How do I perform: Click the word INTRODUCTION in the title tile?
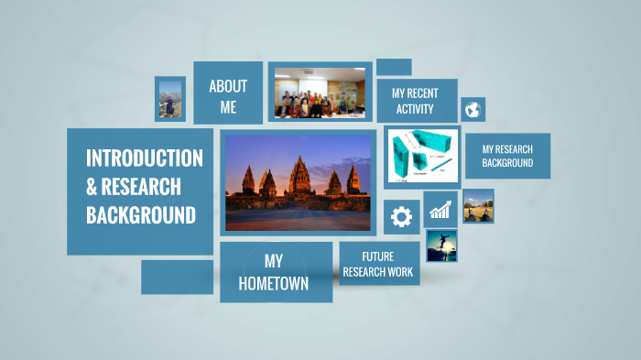click(x=145, y=158)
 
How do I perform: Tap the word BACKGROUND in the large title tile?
click(x=141, y=216)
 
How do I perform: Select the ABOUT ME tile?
click(x=228, y=96)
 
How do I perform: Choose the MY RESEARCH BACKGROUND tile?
click(x=507, y=156)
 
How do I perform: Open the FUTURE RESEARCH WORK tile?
click(x=378, y=264)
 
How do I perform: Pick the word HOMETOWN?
click(x=273, y=284)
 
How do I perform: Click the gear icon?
click(x=401, y=217)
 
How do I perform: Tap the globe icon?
click(x=473, y=110)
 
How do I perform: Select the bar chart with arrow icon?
click(x=440, y=210)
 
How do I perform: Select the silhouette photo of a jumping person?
click(x=441, y=245)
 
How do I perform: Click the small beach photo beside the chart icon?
click(x=478, y=205)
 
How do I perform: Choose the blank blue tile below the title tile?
click(x=177, y=277)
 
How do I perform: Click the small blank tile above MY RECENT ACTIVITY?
click(x=393, y=67)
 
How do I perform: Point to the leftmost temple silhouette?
click(x=247, y=181)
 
